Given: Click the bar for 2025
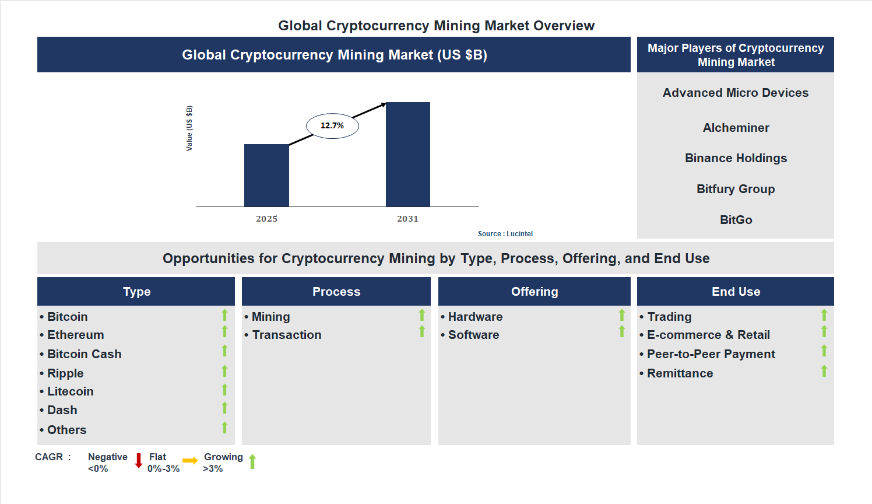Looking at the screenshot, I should [x=266, y=175].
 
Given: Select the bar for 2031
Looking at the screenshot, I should [x=408, y=155].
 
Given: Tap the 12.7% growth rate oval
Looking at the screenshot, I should [x=332, y=125].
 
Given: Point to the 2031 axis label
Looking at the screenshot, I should [x=408, y=219].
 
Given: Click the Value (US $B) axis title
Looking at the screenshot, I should [x=189, y=128].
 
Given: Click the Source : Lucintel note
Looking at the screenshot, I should [x=505, y=234].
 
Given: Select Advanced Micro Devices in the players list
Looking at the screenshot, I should [x=736, y=93].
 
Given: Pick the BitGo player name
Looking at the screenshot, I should [x=736, y=220].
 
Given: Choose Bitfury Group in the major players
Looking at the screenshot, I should [x=736, y=189].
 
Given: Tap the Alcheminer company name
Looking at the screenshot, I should [x=736, y=128].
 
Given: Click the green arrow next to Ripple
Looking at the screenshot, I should [x=224, y=371].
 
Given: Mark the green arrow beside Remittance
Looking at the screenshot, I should [x=824, y=371].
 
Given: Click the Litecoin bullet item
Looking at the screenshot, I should [x=70, y=391].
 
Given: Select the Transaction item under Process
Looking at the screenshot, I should [x=287, y=335].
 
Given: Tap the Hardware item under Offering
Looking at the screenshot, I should [x=475, y=317].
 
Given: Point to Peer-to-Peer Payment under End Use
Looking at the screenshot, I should [x=711, y=354].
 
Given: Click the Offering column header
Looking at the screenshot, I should [x=535, y=292].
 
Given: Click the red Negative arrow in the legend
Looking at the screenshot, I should [x=139, y=461].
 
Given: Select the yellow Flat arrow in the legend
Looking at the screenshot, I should [x=190, y=461].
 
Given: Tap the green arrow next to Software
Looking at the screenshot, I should [x=622, y=331].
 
